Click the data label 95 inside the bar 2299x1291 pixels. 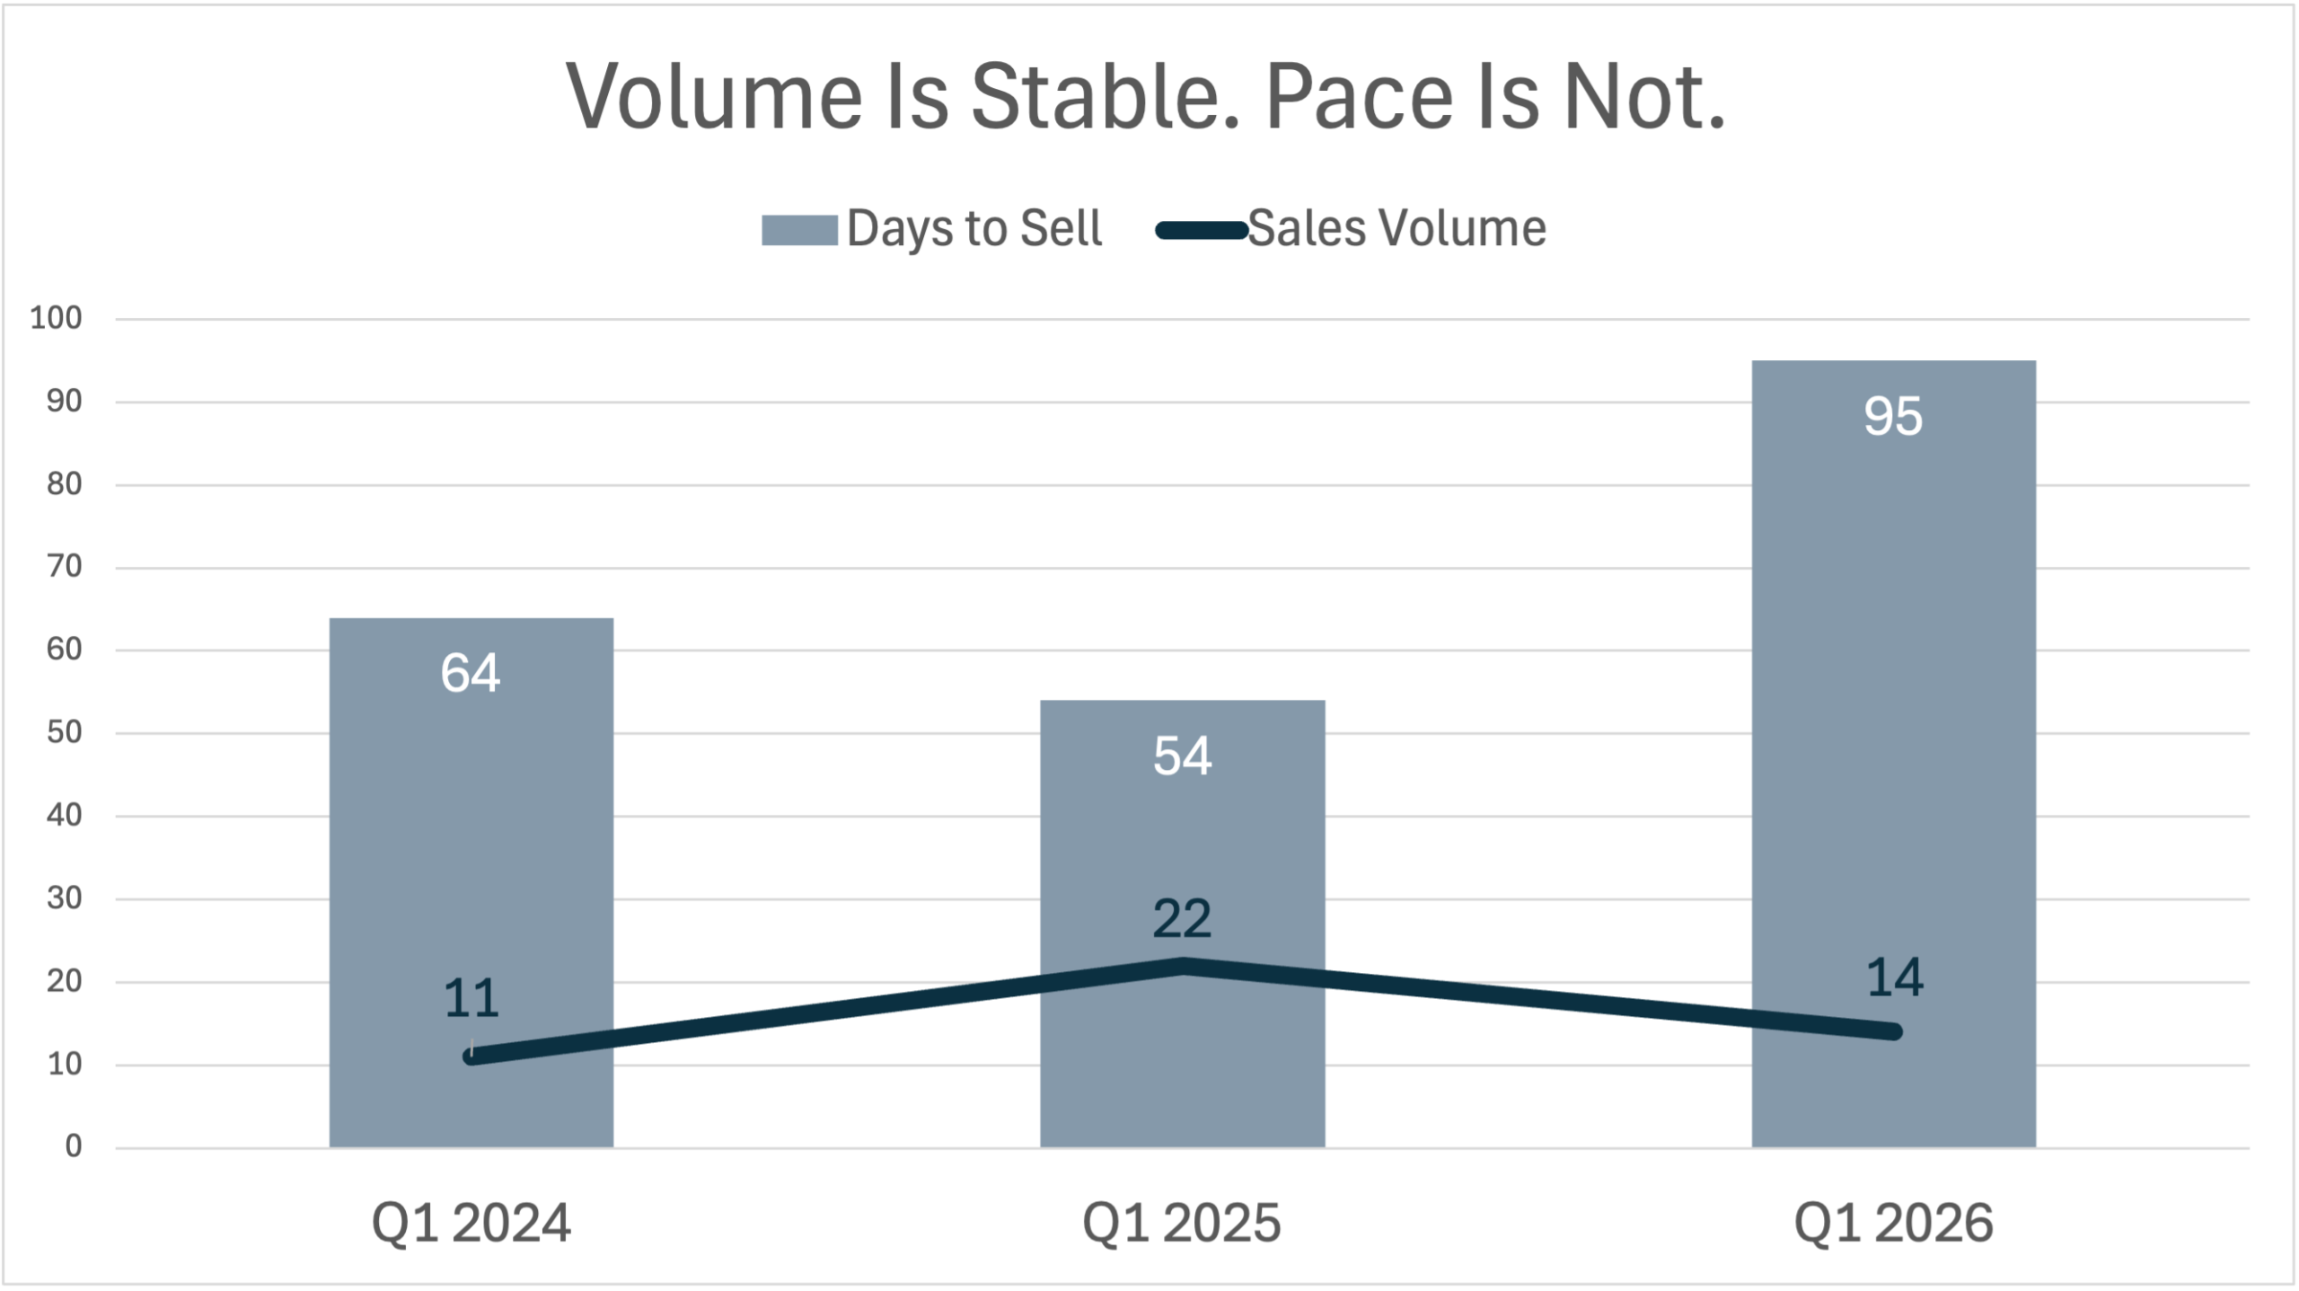[x=1893, y=416]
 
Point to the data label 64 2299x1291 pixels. [x=470, y=673]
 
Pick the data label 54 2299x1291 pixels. [x=1182, y=756]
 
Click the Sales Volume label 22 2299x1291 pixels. [x=1182, y=919]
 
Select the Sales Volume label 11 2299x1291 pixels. [x=471, y=998]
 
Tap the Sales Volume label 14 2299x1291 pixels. [x=1894, y=977]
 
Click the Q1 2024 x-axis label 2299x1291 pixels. [x=471, y=1223]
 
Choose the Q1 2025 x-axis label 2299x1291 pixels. [x=1181, y=1223]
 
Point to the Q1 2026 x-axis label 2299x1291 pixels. [x=1893, y=1223]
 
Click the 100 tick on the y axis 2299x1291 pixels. [x=56, y=318]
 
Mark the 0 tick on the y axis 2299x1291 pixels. [x=73, y=1146]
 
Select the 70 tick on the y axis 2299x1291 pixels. [x=64, y=567]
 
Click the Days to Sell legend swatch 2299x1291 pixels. [x=799, y=230]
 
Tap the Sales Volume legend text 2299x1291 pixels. [x=1396, y=228]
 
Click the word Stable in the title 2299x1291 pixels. [x=1105, y=97]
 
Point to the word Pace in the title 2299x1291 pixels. [x=1359, y=97]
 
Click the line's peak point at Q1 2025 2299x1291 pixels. [x=1183, y=966]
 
